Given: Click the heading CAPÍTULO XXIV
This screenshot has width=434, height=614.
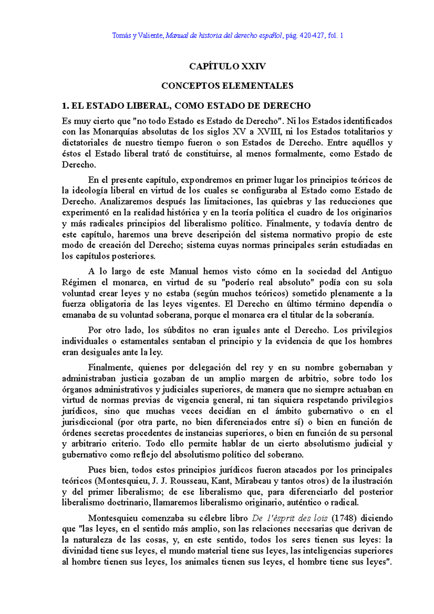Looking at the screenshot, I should pos(227,66).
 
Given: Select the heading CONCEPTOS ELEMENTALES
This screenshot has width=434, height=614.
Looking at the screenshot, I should pos(227,86).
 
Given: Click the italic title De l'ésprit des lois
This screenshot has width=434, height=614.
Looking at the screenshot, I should pos(290,518).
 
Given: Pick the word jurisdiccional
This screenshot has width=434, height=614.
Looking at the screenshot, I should pos(88,422).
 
